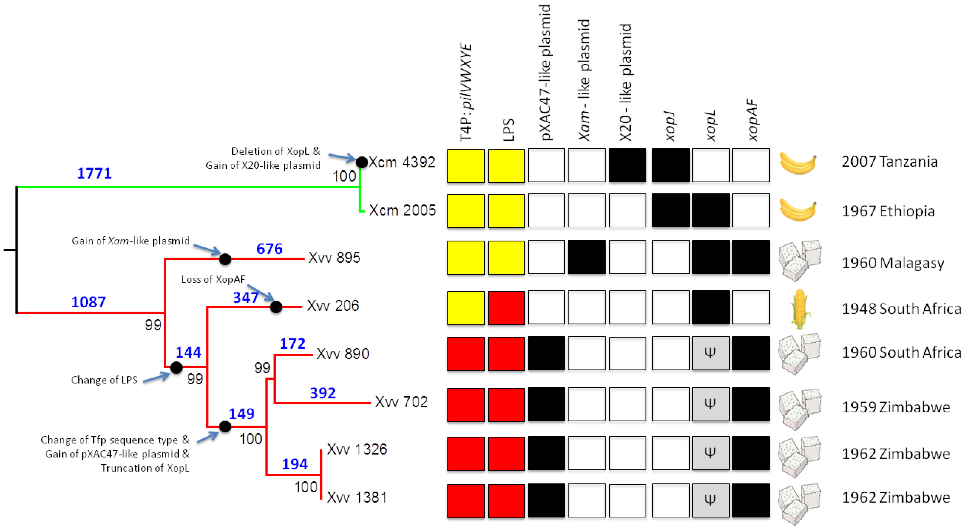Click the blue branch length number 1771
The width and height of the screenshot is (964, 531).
tap(94, 173)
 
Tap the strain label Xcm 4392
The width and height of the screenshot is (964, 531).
tap(401, 162)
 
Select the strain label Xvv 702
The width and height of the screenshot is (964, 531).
tap(401, 402)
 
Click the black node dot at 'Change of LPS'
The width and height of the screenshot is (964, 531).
tap(176, 368)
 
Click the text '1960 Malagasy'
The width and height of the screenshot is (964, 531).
tap(892, 263)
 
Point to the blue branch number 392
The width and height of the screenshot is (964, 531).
tap(322, 393)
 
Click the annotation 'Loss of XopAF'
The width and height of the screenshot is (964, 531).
tap(213, 279)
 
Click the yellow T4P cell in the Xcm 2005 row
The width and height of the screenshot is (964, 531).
tap(466, 211)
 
